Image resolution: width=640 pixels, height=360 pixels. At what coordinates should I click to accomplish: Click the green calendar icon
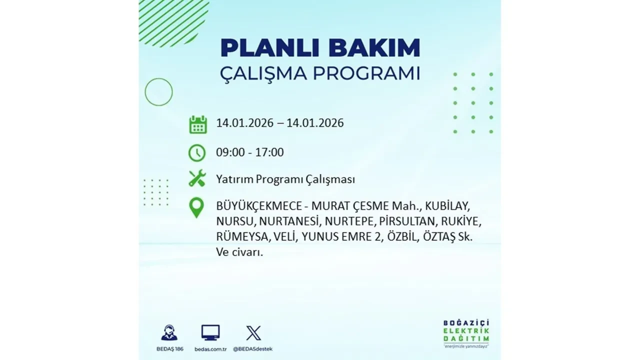click(x=198, y=124)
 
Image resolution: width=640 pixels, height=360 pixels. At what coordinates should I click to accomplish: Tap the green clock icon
click(x=197, y=152)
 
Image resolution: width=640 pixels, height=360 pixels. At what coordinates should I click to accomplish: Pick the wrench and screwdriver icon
click(x=197, y=178)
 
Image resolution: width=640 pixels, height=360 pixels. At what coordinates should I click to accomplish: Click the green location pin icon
click(x=196, y=207)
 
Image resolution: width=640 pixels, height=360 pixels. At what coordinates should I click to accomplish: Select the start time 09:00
click(x=230, y=152)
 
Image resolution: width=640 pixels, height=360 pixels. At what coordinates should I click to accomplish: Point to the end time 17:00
click(x=269, y=152)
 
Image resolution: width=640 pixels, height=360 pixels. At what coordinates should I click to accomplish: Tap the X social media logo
click(x=253, y=333)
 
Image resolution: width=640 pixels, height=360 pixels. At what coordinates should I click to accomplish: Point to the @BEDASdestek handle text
click(x=253, y=349)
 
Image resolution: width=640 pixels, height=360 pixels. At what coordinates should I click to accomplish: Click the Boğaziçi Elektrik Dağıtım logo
click(x=466, y=332)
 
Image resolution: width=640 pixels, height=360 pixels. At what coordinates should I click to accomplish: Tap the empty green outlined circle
click(x=158, y=92)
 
